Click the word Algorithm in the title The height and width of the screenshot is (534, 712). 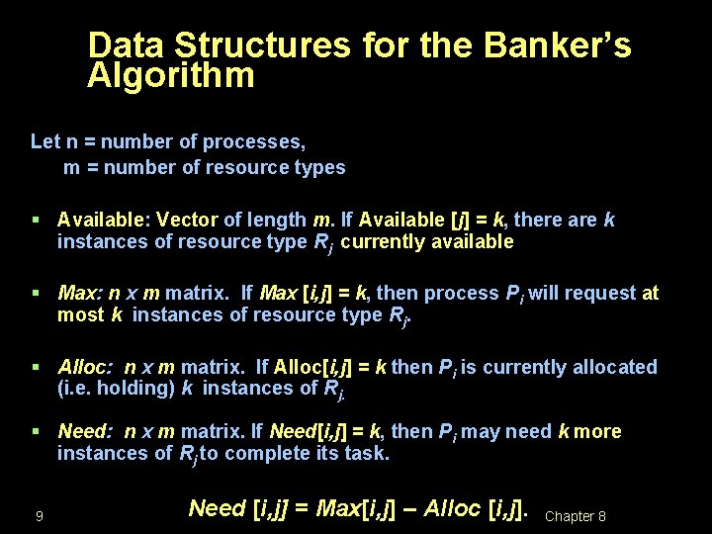pos(171,75)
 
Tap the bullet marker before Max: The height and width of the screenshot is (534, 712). pos(36,293)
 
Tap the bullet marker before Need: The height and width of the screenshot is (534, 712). pos(36,431)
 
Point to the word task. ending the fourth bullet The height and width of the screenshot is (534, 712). pos(368,454)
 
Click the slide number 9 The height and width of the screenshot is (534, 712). pos(38,516)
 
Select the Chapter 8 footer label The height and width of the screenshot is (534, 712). pos(576,516)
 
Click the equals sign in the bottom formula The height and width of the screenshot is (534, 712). pos(304,508)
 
